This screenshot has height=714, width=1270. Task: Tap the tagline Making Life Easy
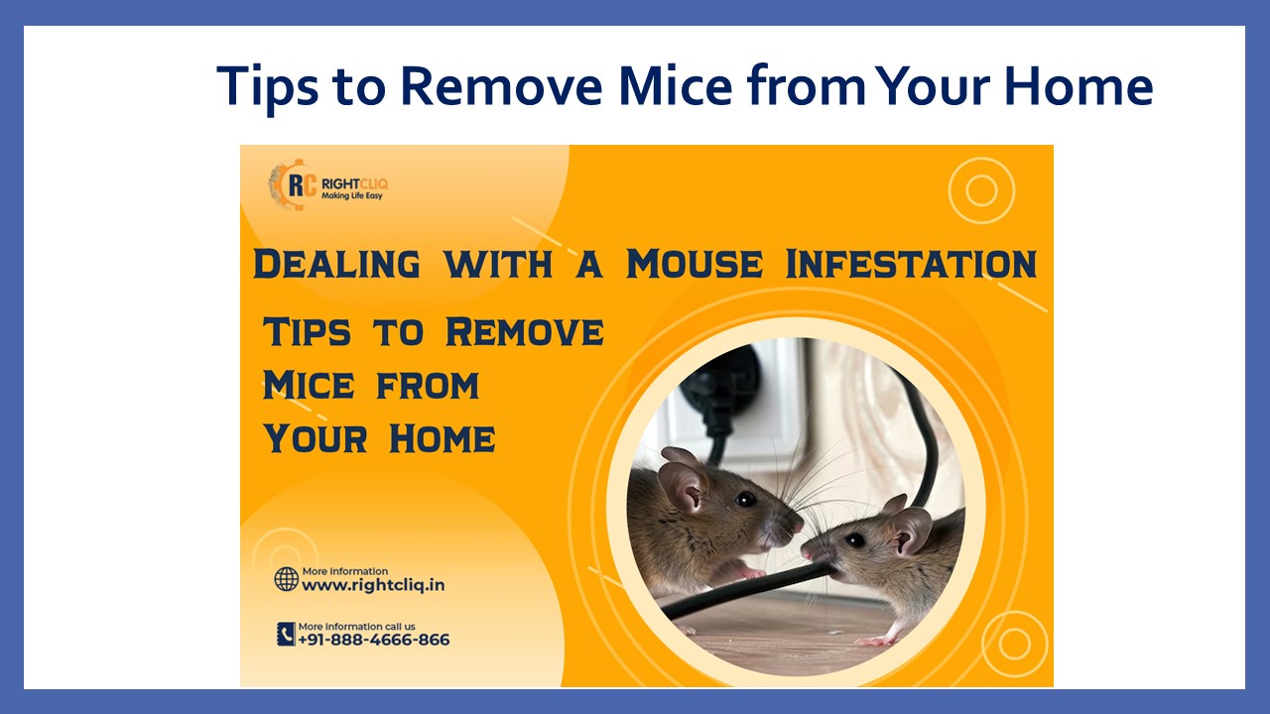click(x=351, y=196)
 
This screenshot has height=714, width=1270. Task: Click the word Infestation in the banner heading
click(x=911, y=265)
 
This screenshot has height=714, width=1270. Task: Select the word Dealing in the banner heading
click(x=336, y=265)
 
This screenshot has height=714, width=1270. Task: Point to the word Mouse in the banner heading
click(x=695, y=265)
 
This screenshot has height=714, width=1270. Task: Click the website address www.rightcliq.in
click(x=373, y=585)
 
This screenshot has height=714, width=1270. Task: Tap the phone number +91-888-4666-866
click(x=374, y=640)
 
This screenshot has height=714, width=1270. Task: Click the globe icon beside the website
click(x=287, y=579)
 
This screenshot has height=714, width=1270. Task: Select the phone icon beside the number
click(x=286, y=634)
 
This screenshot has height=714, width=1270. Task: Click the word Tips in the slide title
click(x=268, y=86)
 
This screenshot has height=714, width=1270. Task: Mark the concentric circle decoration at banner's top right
click(x=980, y=190)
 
